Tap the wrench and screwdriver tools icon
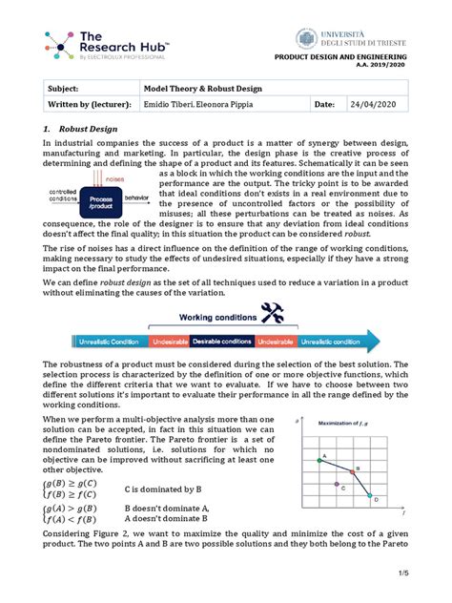point(273,314)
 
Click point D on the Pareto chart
point(376,497)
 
